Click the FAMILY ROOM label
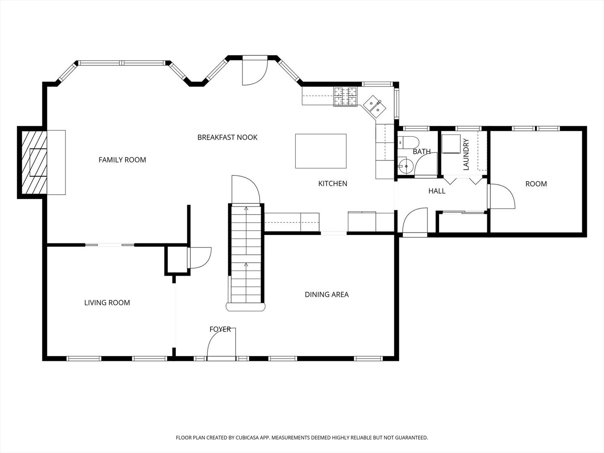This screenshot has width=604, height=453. click(122, 160)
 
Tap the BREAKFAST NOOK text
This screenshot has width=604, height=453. click(227, 137)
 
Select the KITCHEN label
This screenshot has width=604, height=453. click(333, 183)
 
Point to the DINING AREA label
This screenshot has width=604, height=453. click(327, 294)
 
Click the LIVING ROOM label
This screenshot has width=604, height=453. click(107, 303)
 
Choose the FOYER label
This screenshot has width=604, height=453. click(220, 329)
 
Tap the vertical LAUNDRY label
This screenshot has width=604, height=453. click(466, 154)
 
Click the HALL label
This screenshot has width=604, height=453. click(437, 191)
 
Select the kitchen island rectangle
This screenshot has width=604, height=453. click(321, 151)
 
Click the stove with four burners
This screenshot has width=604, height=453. click(345, 96)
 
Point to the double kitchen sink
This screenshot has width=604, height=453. click(375, 107)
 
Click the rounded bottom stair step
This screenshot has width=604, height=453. click(245, 307)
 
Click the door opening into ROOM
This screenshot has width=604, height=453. click(501, 196)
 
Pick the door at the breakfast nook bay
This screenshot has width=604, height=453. click(255, 71)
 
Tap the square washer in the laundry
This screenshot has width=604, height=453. click(451, 144)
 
